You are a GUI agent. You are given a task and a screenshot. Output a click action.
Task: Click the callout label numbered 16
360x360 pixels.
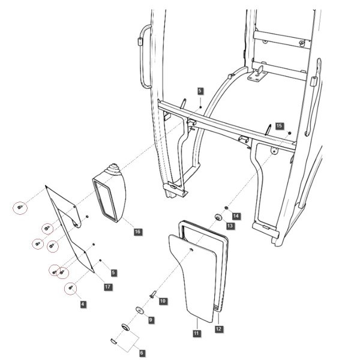click(137, 232)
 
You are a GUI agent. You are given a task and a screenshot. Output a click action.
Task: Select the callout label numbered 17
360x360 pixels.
click(107, 287)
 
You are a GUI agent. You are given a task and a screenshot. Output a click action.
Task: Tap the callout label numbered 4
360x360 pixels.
click(83, 304)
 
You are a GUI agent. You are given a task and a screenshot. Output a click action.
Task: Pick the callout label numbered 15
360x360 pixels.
click(279, 126)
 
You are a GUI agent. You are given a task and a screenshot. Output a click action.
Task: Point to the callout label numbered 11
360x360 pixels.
click(196, 334)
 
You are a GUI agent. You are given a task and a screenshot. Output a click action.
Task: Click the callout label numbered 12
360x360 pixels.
click(218, 329)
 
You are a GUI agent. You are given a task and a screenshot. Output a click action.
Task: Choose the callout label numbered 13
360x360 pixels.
click(230, 226)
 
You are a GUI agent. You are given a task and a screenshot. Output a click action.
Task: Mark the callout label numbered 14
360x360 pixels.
click(236, 216)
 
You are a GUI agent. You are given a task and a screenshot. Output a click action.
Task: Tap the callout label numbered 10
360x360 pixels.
click(163, 301)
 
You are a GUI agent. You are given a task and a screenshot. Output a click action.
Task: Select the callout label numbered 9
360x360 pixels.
click(151, 320)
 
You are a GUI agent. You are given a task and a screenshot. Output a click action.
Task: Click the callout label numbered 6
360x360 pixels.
click(142, 353)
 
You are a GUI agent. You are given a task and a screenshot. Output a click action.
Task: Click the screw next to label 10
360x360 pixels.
click(153, 294)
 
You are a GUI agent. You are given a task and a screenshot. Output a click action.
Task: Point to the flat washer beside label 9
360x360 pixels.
click(139, 310)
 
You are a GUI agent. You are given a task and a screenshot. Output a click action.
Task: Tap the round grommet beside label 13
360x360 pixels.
click(218, 217)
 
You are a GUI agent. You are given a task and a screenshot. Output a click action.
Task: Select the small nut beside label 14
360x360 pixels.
click(226, 208)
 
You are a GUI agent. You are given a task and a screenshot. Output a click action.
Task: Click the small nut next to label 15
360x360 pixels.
click(290, 133)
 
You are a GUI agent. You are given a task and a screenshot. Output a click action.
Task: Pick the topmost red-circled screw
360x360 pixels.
click(20, 207)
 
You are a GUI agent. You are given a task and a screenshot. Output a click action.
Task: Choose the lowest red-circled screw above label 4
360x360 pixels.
click(70, 287)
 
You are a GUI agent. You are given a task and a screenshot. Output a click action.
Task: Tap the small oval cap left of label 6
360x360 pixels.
click(114, 341)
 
